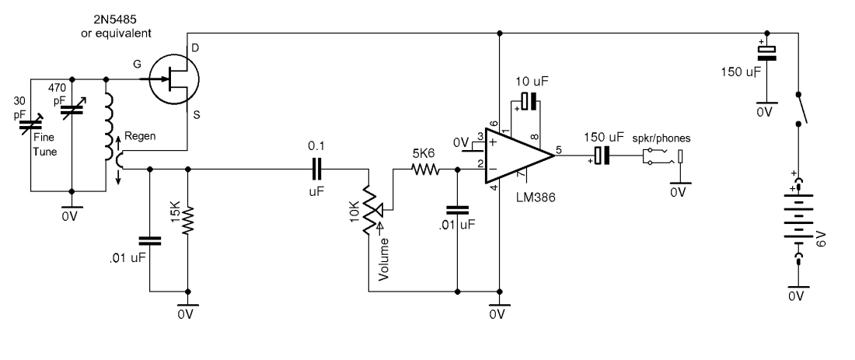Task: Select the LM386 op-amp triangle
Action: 518,156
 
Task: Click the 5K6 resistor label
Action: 424,153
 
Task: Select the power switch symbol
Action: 800,108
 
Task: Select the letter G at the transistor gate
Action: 138,65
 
